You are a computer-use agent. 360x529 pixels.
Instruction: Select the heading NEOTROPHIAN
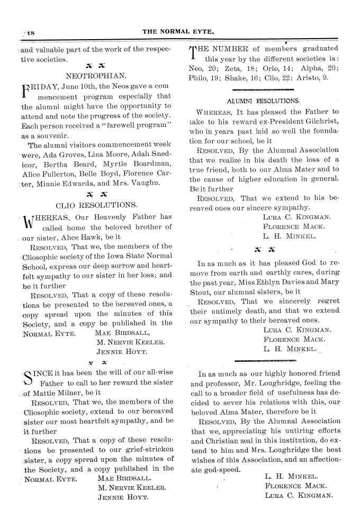click(x=95, y=75)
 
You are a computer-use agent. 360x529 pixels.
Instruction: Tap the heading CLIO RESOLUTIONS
click(x=95, y=204)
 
